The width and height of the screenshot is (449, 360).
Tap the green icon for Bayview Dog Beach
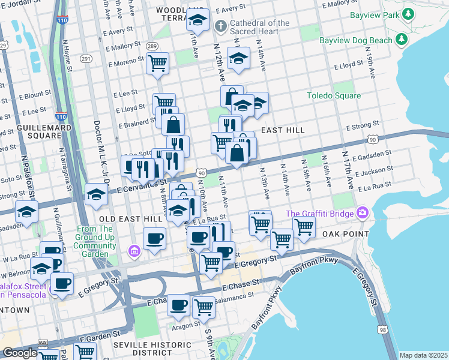coord(402,40)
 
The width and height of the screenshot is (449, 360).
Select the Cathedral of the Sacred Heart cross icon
coord(221,26)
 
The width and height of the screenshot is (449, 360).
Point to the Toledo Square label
coord(334,95)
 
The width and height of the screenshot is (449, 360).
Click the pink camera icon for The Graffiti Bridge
coord(362,213)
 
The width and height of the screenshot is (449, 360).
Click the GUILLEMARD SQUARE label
coord(36,132)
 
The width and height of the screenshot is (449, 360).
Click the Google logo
coord(19,353)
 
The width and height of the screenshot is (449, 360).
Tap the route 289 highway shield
coord(152,46)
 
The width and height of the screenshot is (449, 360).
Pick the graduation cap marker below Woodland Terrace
coord(197,21)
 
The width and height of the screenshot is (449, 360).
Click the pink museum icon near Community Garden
coord(134,250)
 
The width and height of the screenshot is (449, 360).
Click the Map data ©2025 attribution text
coord(423,355)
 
